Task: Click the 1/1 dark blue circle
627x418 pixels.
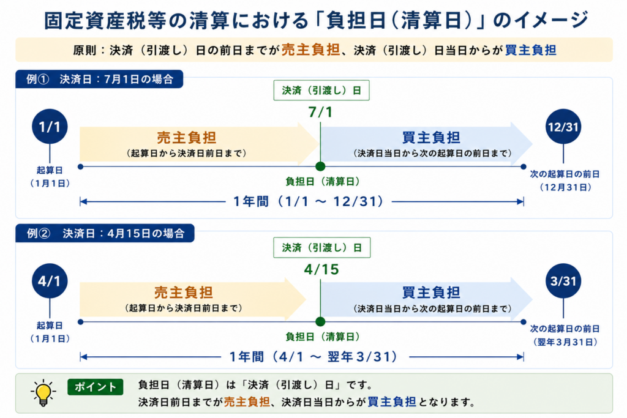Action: [x=50, y=126]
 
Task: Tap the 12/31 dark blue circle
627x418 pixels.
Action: [x=563, y=126]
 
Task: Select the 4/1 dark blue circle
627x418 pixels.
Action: [x=50, y=280]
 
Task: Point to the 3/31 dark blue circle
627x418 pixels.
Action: [x=563, y=280]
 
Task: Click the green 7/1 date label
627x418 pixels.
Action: [x=320, y=112]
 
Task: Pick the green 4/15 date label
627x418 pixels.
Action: [x=321, y=269]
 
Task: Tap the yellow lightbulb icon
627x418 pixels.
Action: [x=43, y=393]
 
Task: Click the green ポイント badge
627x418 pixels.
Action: [x=95, y=387]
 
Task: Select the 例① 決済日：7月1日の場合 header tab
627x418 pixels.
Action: [x=99, y=79]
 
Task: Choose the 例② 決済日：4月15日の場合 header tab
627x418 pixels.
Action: [x=105, y=233]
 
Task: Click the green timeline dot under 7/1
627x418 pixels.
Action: [x=320, y=166]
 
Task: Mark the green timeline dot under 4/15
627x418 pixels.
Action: [x=320, y=321]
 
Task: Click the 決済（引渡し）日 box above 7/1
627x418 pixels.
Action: [x=321, y=91]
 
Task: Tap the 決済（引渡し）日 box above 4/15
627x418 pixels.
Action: [x=322, y=247]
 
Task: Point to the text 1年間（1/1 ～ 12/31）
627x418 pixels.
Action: [x=309, y=201]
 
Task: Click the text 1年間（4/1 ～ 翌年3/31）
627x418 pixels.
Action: [x=313, y=356]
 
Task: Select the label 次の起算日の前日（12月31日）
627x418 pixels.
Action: [x=565, y=181]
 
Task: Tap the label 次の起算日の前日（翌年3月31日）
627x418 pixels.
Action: [x=565, y=335]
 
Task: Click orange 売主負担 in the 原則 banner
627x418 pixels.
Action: [x=310, y=50]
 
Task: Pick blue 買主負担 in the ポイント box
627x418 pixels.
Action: [x=392, y=401]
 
